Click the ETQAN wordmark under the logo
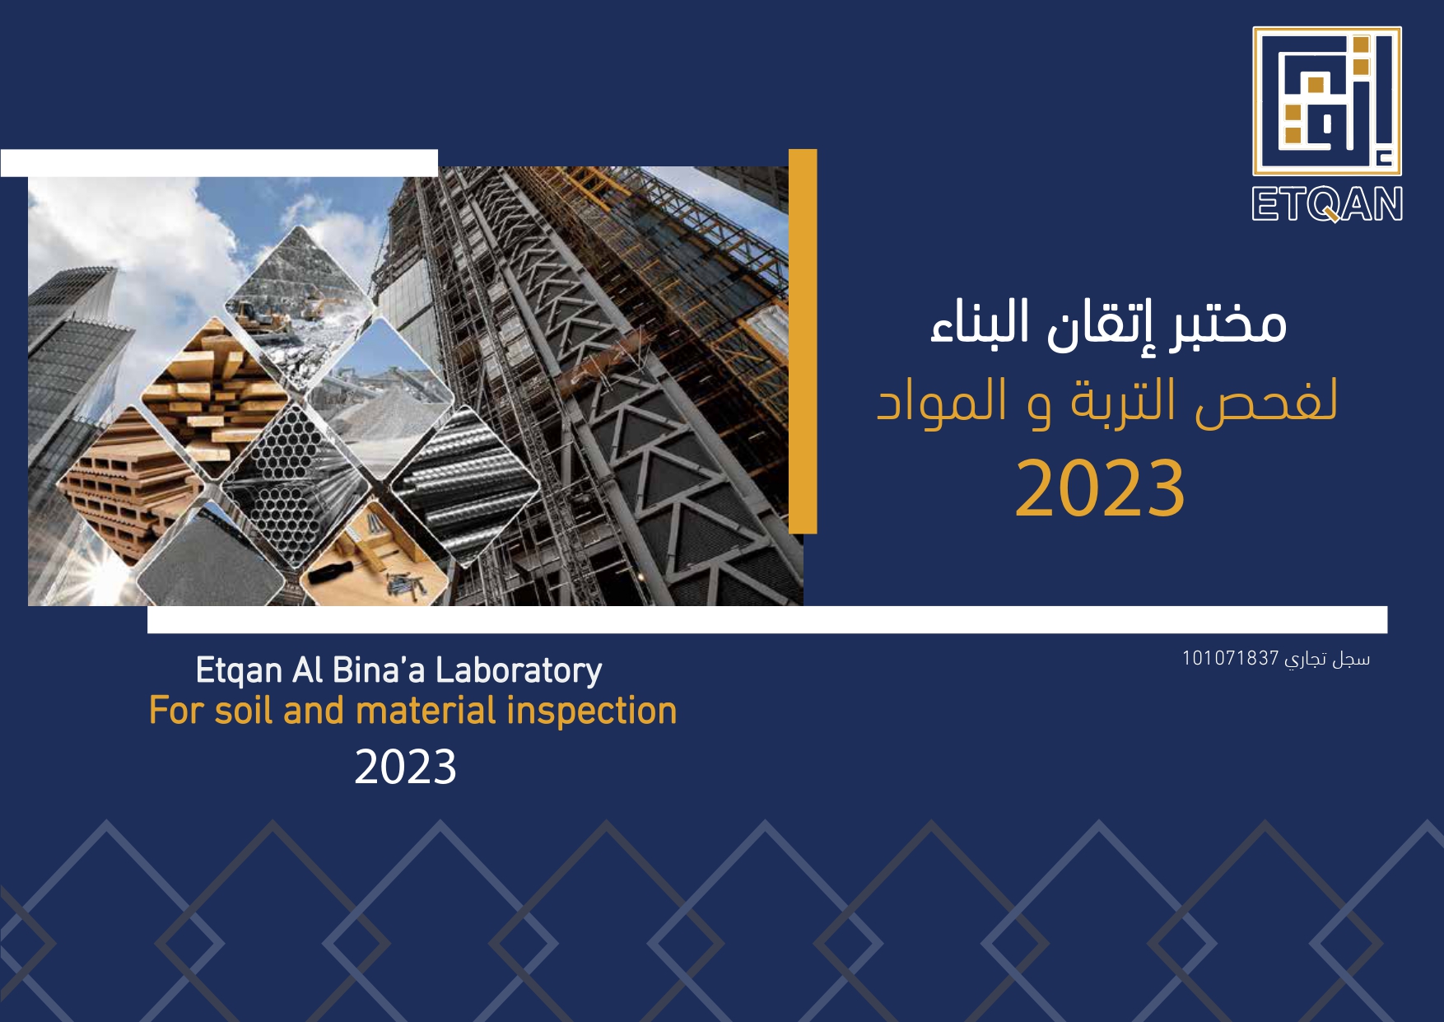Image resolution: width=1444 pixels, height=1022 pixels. click(x=1327, y=205)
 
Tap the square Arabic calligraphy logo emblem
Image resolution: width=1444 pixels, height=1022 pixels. click(x=1327, y=101)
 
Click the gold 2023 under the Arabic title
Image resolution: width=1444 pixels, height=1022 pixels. click(x=1100, y=489)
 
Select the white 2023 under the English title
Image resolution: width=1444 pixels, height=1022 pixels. click(x=405, y=768)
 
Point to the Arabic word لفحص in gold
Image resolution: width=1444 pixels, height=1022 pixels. click(x=1267, y=402)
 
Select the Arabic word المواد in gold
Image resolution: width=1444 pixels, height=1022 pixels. click(x=942, y=402)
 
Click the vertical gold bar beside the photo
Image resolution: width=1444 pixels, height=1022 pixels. click(x=803, y=341)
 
